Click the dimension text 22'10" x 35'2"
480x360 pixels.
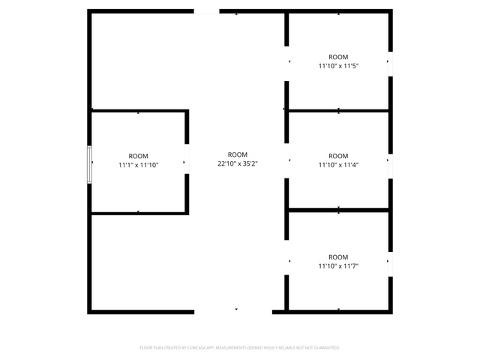pyautogui.click(x=238, y=163)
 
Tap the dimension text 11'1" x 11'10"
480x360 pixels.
pyautogui.click(x=138, y=165)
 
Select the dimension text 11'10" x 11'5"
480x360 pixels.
pyautogui.click(x=338, y=66)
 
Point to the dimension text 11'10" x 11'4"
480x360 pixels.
pyautogui.click(x=338, y=165)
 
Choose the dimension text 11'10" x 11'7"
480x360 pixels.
pyautogui.click(x=338, y=266)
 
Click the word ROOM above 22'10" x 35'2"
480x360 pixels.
pyautogui.click(x=238, y=155)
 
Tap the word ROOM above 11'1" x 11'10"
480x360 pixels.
pyautogui.click(x=138, y=156)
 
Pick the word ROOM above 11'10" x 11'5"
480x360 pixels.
pyautogui.click(x=338, y=57)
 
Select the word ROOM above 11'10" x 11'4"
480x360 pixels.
pyautogui.click(x=338, y=156)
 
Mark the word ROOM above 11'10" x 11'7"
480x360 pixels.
pyautogui.click(x=338, y=257)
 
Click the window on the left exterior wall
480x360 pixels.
pyautogui.click(x=89, y=165)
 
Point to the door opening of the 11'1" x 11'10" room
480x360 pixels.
pyautogui.click(x=187, y=159)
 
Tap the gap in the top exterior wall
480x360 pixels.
pyautogui.click(x=207, y=11)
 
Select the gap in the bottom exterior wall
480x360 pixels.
pyautogui.click(x=233, y=312)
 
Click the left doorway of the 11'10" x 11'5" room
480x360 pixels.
pyautogui.click(x=286, y=64)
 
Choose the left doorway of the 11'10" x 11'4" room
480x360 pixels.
pyautogui.click(x=286, y=161)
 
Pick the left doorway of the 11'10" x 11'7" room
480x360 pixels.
pyautogui.click(x=286, y=257)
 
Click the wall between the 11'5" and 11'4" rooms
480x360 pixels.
pyautogui.click(x=338, y=110)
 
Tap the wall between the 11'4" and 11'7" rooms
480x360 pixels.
pyautogui.click(x=338, y=210)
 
